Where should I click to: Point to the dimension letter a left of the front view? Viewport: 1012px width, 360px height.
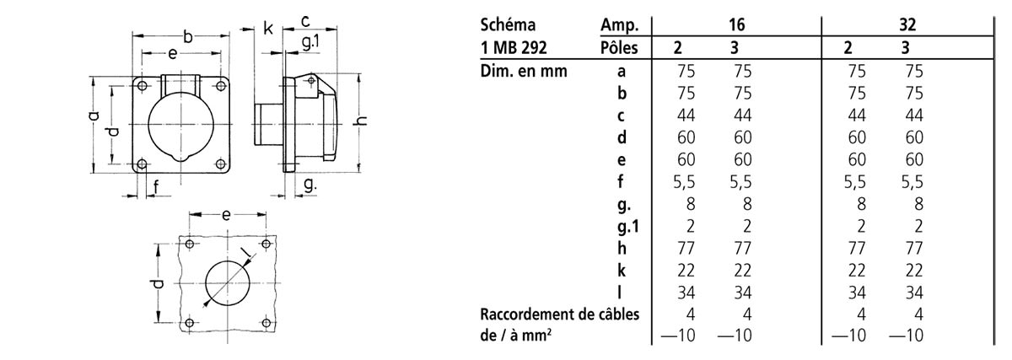point(94,116)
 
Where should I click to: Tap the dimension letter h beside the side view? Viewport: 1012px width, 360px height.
point(363,121)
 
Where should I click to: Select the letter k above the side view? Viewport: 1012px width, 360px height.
point(268,29)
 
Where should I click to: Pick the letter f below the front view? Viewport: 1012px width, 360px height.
point(156,187)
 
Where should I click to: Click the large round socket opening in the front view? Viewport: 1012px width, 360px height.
point(180,126)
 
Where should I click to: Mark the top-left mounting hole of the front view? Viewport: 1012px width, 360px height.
point(142,86)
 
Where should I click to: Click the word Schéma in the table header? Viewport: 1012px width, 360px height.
point(507,25)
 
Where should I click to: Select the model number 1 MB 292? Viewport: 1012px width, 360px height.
point(515,48)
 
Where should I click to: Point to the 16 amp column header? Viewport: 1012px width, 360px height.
point(735,25)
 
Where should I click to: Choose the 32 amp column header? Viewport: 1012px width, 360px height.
point(907,25)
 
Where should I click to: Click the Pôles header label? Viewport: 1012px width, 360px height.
point(620,48)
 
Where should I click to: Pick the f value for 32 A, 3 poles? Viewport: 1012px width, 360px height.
point(912,181)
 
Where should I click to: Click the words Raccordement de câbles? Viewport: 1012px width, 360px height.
point(559,314)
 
